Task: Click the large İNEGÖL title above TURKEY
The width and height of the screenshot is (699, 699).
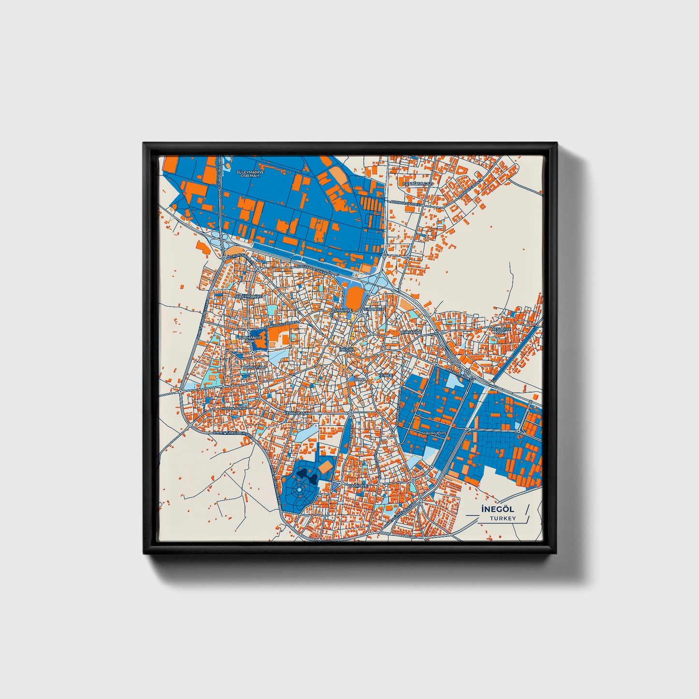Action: coord(497,509)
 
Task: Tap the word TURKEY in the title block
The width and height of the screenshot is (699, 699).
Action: coord(503,519)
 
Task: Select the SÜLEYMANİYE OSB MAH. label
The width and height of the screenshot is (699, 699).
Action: coord(249,174)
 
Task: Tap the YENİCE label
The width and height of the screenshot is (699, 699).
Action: coord(386,375)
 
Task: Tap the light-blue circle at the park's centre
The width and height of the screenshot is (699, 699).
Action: coord(299,490)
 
